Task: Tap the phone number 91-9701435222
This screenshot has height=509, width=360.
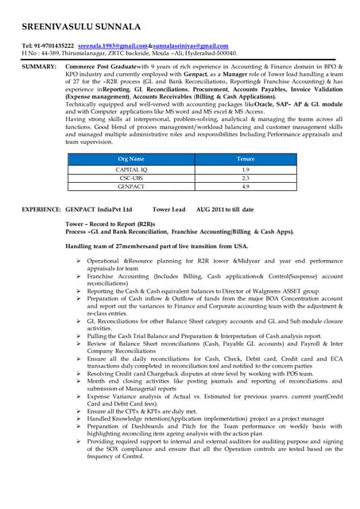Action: (52, 46)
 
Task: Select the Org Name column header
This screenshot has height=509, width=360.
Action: (130, 159)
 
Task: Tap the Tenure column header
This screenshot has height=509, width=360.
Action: (246, 159)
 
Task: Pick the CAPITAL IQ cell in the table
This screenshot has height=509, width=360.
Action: (130, 169)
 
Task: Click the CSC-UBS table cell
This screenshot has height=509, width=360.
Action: (130, 178)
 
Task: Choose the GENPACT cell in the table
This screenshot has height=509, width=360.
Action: (130, 187)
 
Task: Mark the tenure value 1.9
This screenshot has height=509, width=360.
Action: (246, 169)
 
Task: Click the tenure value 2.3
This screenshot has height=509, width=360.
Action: (246, 178)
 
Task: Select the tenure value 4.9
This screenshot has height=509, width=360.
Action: (246, 187)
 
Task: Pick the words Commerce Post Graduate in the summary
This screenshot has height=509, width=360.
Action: (101, 64)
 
